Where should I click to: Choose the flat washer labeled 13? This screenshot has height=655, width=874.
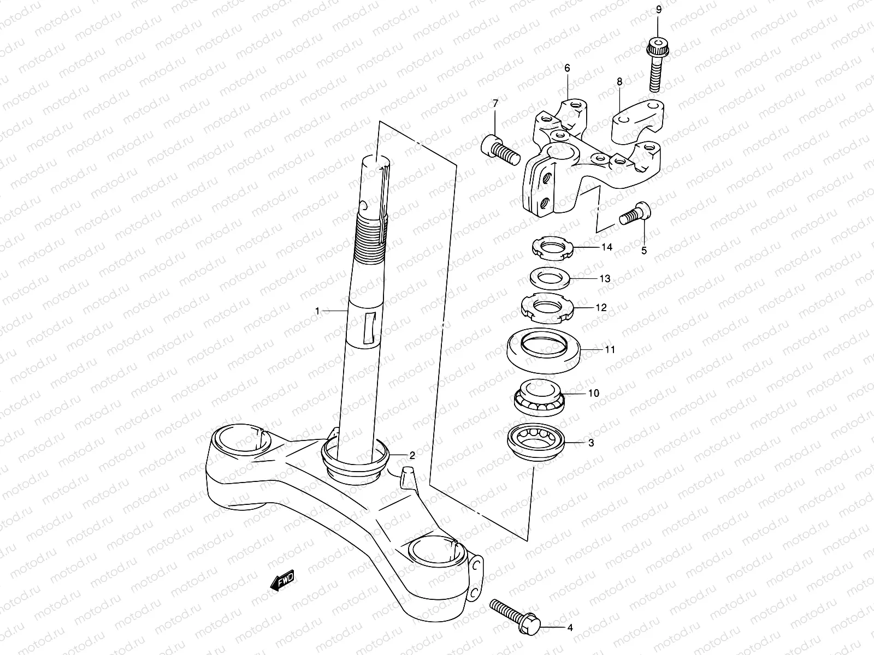tap(550, 279)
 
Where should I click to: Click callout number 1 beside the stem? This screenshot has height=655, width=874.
tap(317, 311)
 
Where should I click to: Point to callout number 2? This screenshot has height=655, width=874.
tap(412, 456)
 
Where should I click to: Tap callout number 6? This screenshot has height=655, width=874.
tap(567, 68)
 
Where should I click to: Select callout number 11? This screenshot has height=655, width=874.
tap(610, 349)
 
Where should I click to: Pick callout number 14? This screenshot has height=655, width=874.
tap(606, 247)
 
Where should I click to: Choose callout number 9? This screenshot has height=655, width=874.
tap(658, 9)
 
